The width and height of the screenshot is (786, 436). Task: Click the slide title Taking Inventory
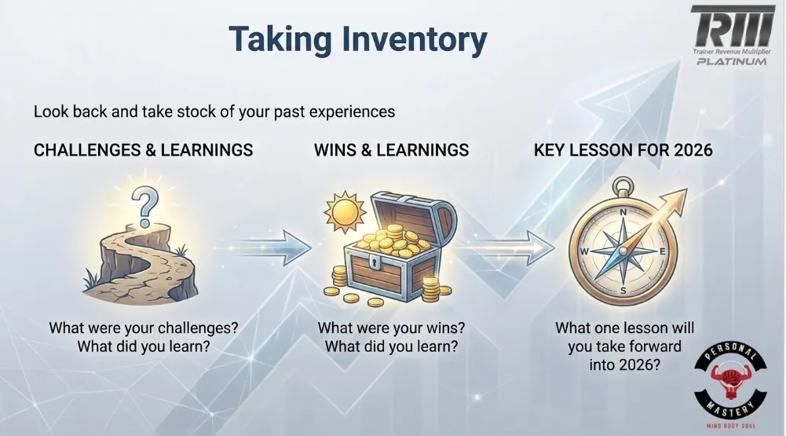(357, 38)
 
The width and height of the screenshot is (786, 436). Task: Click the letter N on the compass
(623, 212)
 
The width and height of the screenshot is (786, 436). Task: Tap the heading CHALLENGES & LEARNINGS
(143, 150)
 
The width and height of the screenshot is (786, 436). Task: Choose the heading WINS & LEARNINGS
(391, 150)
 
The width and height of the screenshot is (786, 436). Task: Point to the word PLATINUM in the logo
(731, 60)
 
